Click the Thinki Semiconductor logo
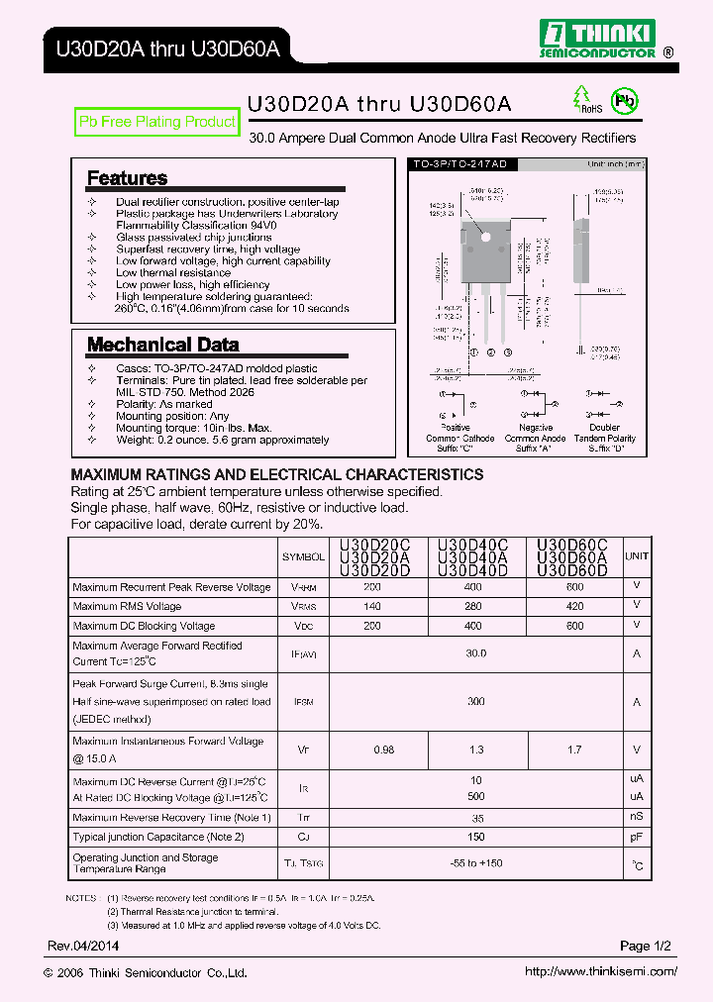[599, 40]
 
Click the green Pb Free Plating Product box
[157, 122]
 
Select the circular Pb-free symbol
[625, 100]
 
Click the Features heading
[127, 178]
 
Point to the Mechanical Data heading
[162, 345]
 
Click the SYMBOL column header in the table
[303, 557]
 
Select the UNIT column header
[637, 557]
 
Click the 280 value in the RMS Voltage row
[472, 606]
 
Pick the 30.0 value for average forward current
[476, 653]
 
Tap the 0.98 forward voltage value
[383, 750]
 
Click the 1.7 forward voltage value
[575, 750]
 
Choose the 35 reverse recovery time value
[476, 818]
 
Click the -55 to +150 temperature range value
[476, 863]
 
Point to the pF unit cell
[637, 838]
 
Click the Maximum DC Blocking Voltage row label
[144, 626]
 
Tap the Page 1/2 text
[646, 947]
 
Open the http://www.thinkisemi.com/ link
[601, 972]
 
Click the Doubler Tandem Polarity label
[604, 438]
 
